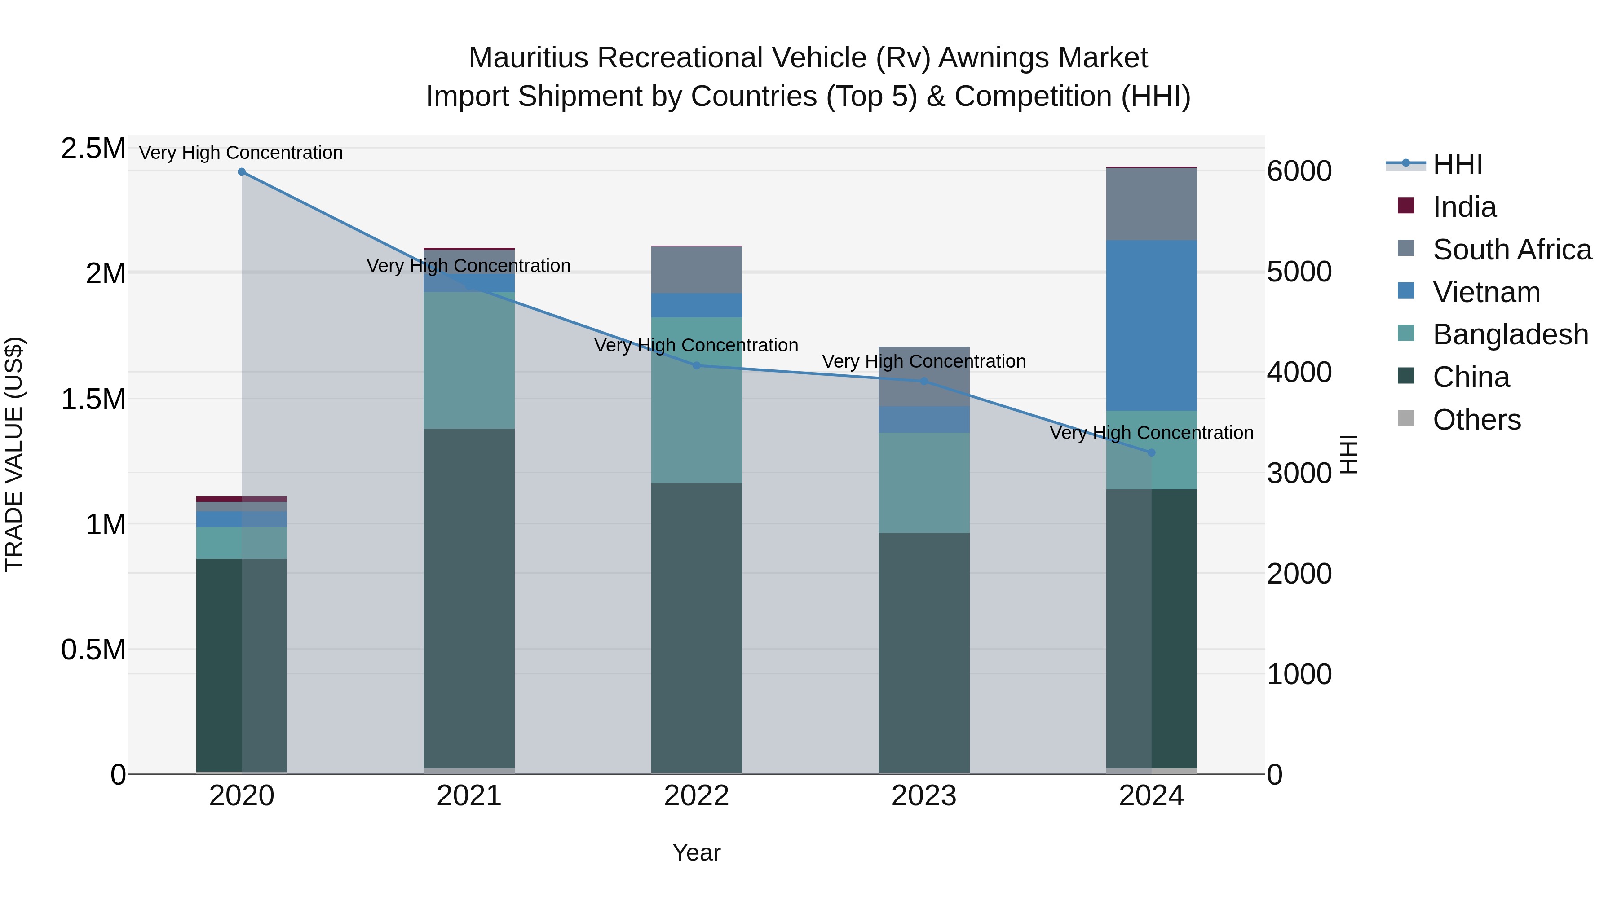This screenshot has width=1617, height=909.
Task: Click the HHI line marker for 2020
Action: pyautogui.click(x=242, y=172)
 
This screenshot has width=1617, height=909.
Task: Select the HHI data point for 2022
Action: pyautogui.click(x=696, y=366)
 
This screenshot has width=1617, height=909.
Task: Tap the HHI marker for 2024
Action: pyautogui.click(x=1151, y=452)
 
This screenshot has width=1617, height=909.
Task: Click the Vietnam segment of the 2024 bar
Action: pyautogui.click(x=1151, y=325)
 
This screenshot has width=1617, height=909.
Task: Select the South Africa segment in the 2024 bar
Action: pyautogui.click(x=1151, y=205)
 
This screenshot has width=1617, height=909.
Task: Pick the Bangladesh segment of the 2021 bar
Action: pyautogui.click(x=469, y=361)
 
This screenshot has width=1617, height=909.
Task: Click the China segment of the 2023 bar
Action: pyautogui.click(x=923, y=652)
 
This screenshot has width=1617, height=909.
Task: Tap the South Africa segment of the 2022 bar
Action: pyautogui.click(x=696, y=270)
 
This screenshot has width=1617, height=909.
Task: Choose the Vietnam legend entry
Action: pyautogui.click(x=1486, y=292)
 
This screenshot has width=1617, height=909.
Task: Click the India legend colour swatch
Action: pyautogui.click(x=1406, y=206)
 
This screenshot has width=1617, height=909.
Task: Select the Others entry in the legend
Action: pyautogui.click(x=1476, y=420)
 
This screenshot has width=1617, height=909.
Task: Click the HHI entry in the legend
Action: pyautogui.click(x=1458, y=164)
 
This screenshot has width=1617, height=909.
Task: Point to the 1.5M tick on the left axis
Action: pyautogui.click(x=93, y=399)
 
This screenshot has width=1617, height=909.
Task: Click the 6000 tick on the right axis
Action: pyautogui.click(x=1299, y=171)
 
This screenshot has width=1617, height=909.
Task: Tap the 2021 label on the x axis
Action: pyautogui.click(x=469, y=796)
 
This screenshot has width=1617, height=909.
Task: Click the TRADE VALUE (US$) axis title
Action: pyautogui.click(x=14, y=454)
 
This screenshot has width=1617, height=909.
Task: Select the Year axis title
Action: pyautogui.click(x=696, y=852)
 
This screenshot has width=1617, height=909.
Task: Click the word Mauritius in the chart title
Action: pyautogui.click(x=528, y=58)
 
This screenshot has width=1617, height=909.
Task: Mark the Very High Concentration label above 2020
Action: pyautogui.click(x=241, y=153)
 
